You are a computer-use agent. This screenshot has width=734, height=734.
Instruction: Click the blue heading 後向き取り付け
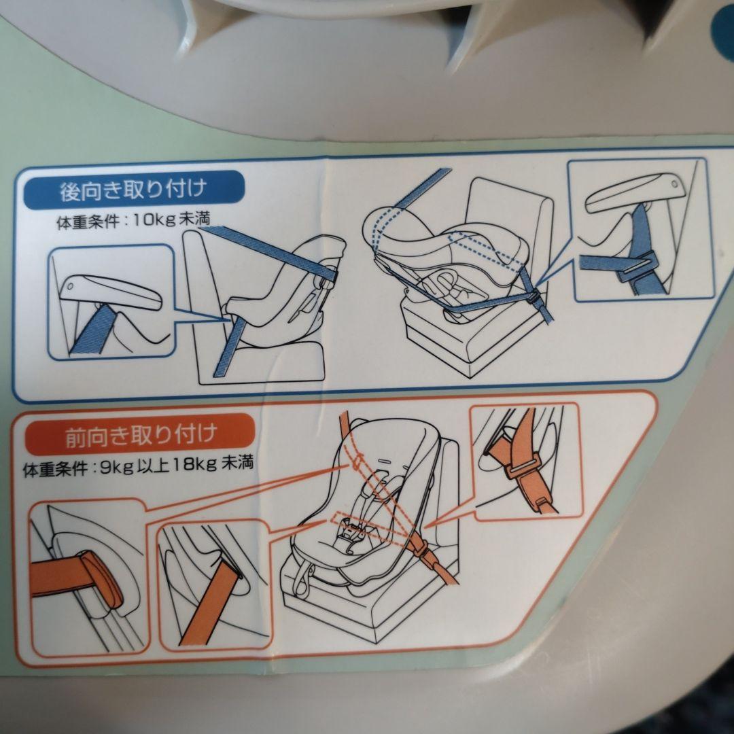pyautogui.click(x=133, y=190)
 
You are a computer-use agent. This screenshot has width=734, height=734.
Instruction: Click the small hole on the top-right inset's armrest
pyautogui.click(x=675, y=185)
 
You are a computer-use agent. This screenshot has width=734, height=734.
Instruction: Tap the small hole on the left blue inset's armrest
pyautogui.click(x=70, y=287)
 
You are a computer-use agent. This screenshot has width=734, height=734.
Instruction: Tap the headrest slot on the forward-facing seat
pyautogui.click(x=385, y=461)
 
